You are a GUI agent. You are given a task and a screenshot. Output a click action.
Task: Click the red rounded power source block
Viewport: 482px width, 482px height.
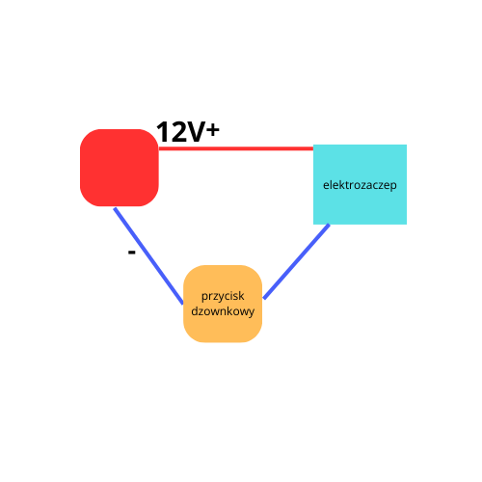[120, 168]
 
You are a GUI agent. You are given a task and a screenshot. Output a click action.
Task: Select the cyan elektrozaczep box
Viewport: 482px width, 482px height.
[360, 184]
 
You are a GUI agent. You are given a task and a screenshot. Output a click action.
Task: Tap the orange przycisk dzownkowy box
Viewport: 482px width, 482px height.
[223, 304]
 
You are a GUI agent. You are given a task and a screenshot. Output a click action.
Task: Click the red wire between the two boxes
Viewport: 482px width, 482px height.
[236, 148]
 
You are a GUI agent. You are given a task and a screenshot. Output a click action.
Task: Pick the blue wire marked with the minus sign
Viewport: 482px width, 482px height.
[148, 256]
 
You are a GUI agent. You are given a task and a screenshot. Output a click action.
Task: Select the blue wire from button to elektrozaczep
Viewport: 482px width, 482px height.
[296, 261]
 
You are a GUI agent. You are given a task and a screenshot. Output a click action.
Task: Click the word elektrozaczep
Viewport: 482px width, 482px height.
[360, 185]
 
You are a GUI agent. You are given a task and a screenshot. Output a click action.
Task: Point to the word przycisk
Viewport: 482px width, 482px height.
[223, 296]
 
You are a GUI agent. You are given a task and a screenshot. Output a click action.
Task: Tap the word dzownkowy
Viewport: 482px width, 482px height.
[223, 311]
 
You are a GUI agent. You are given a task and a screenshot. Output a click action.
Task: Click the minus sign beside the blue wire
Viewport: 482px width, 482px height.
[131, 253]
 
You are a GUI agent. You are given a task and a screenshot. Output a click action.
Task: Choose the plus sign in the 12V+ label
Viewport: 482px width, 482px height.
[213, 130]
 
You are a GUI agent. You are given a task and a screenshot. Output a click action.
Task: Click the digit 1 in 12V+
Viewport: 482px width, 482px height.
[162, 132]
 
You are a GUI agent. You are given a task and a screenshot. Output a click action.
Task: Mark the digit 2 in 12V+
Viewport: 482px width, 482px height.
[177, 132]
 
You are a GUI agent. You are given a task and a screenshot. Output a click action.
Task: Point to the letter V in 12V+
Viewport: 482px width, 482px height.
[196, 132]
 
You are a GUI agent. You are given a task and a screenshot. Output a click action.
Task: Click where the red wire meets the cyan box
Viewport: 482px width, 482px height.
[313, 148]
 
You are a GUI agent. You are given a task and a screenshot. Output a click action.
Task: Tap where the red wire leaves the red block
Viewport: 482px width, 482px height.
[159, 148]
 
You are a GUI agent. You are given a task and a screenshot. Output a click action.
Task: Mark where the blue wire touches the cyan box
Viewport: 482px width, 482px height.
[329, 225]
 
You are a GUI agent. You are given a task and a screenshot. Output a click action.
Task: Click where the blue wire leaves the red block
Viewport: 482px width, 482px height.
[115, 208]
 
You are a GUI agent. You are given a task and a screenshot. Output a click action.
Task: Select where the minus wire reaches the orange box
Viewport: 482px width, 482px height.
[183, 303]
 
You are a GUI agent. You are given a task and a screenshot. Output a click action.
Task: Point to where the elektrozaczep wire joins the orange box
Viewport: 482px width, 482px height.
[263, 299]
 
